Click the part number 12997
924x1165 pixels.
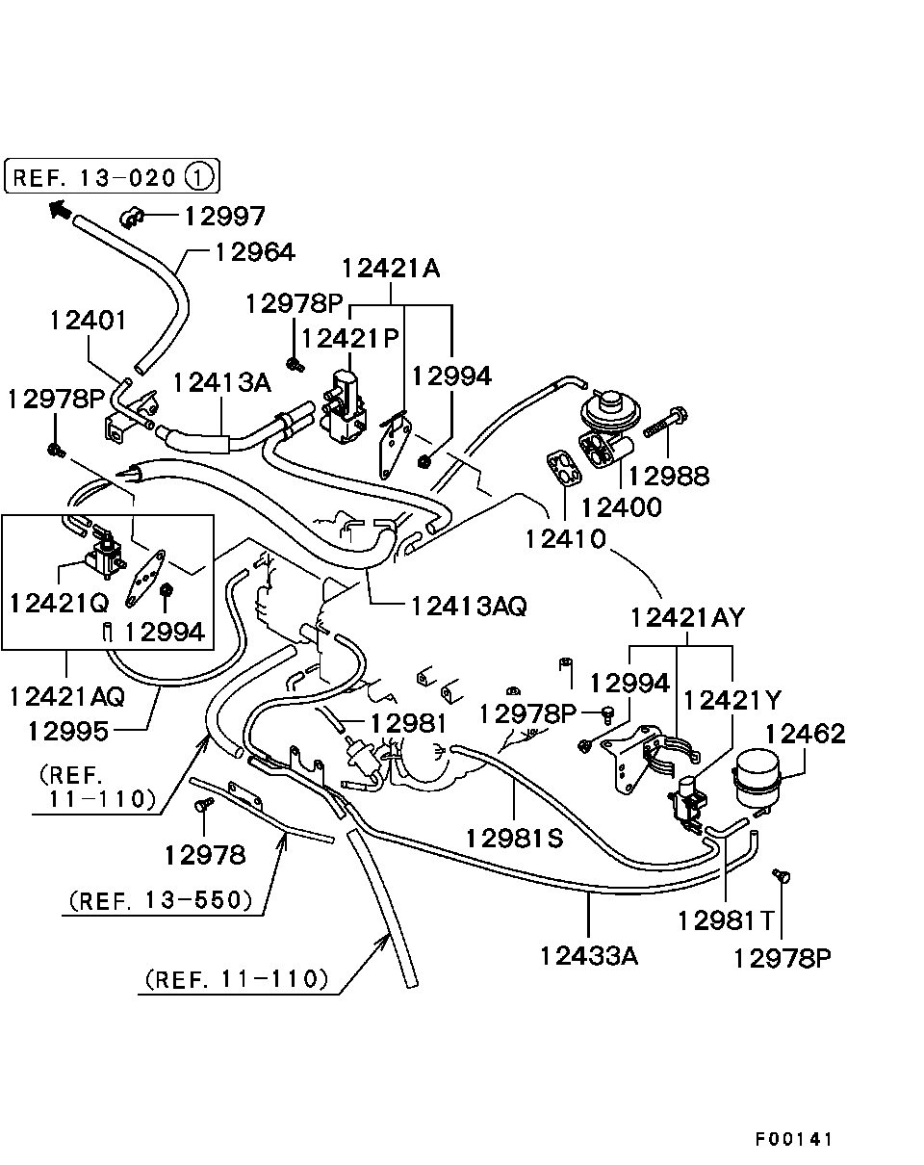(224, 216)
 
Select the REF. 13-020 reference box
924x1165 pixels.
(112, 176)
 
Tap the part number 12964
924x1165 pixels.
(255, 252)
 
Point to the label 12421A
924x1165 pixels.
(391, 268)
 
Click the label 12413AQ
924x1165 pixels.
(469, 606)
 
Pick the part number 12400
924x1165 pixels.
(622, 507)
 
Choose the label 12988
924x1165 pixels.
(669, 477)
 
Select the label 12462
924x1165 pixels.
(805, 734)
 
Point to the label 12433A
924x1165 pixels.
(589, 956)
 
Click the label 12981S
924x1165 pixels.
(515, 839)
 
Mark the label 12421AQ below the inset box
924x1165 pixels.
(67, 697)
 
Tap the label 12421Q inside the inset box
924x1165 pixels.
(59, 603)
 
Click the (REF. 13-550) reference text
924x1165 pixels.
(161, 900)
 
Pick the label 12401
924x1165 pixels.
(89, 320)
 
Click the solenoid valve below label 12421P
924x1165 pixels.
(345, 406)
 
